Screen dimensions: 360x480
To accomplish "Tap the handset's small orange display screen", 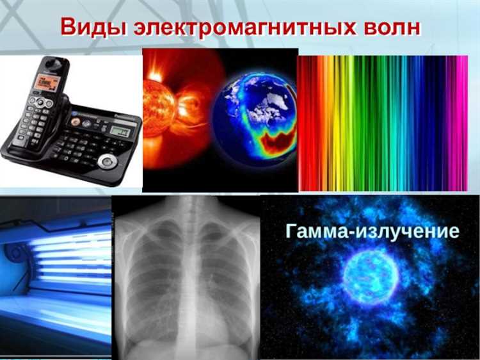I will point(47,83).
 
